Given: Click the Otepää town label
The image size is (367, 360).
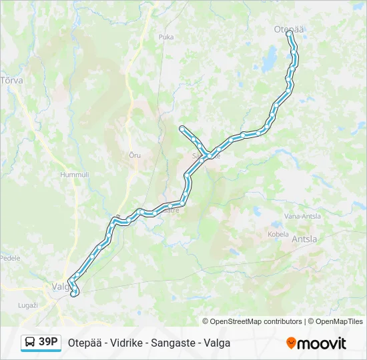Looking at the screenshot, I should tap(289, 29).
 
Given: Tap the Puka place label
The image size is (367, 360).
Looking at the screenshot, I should tap(166, 37).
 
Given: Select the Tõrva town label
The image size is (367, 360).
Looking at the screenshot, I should tap(11, 80).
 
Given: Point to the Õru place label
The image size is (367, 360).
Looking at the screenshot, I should tap(135, 155).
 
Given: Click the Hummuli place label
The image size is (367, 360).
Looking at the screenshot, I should tap(74, 175).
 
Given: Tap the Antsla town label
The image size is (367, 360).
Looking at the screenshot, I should tap(304, 239).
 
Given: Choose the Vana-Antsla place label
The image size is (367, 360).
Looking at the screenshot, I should tap(302, 216).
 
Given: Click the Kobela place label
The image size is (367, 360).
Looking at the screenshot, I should tap(278, 234).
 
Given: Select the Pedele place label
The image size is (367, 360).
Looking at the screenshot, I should tap(10, 258).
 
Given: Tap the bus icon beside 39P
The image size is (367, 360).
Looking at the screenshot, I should tap(30, 343).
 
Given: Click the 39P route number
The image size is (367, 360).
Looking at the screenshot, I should tap(49, 342).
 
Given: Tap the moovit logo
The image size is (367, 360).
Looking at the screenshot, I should tap(316, 343).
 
